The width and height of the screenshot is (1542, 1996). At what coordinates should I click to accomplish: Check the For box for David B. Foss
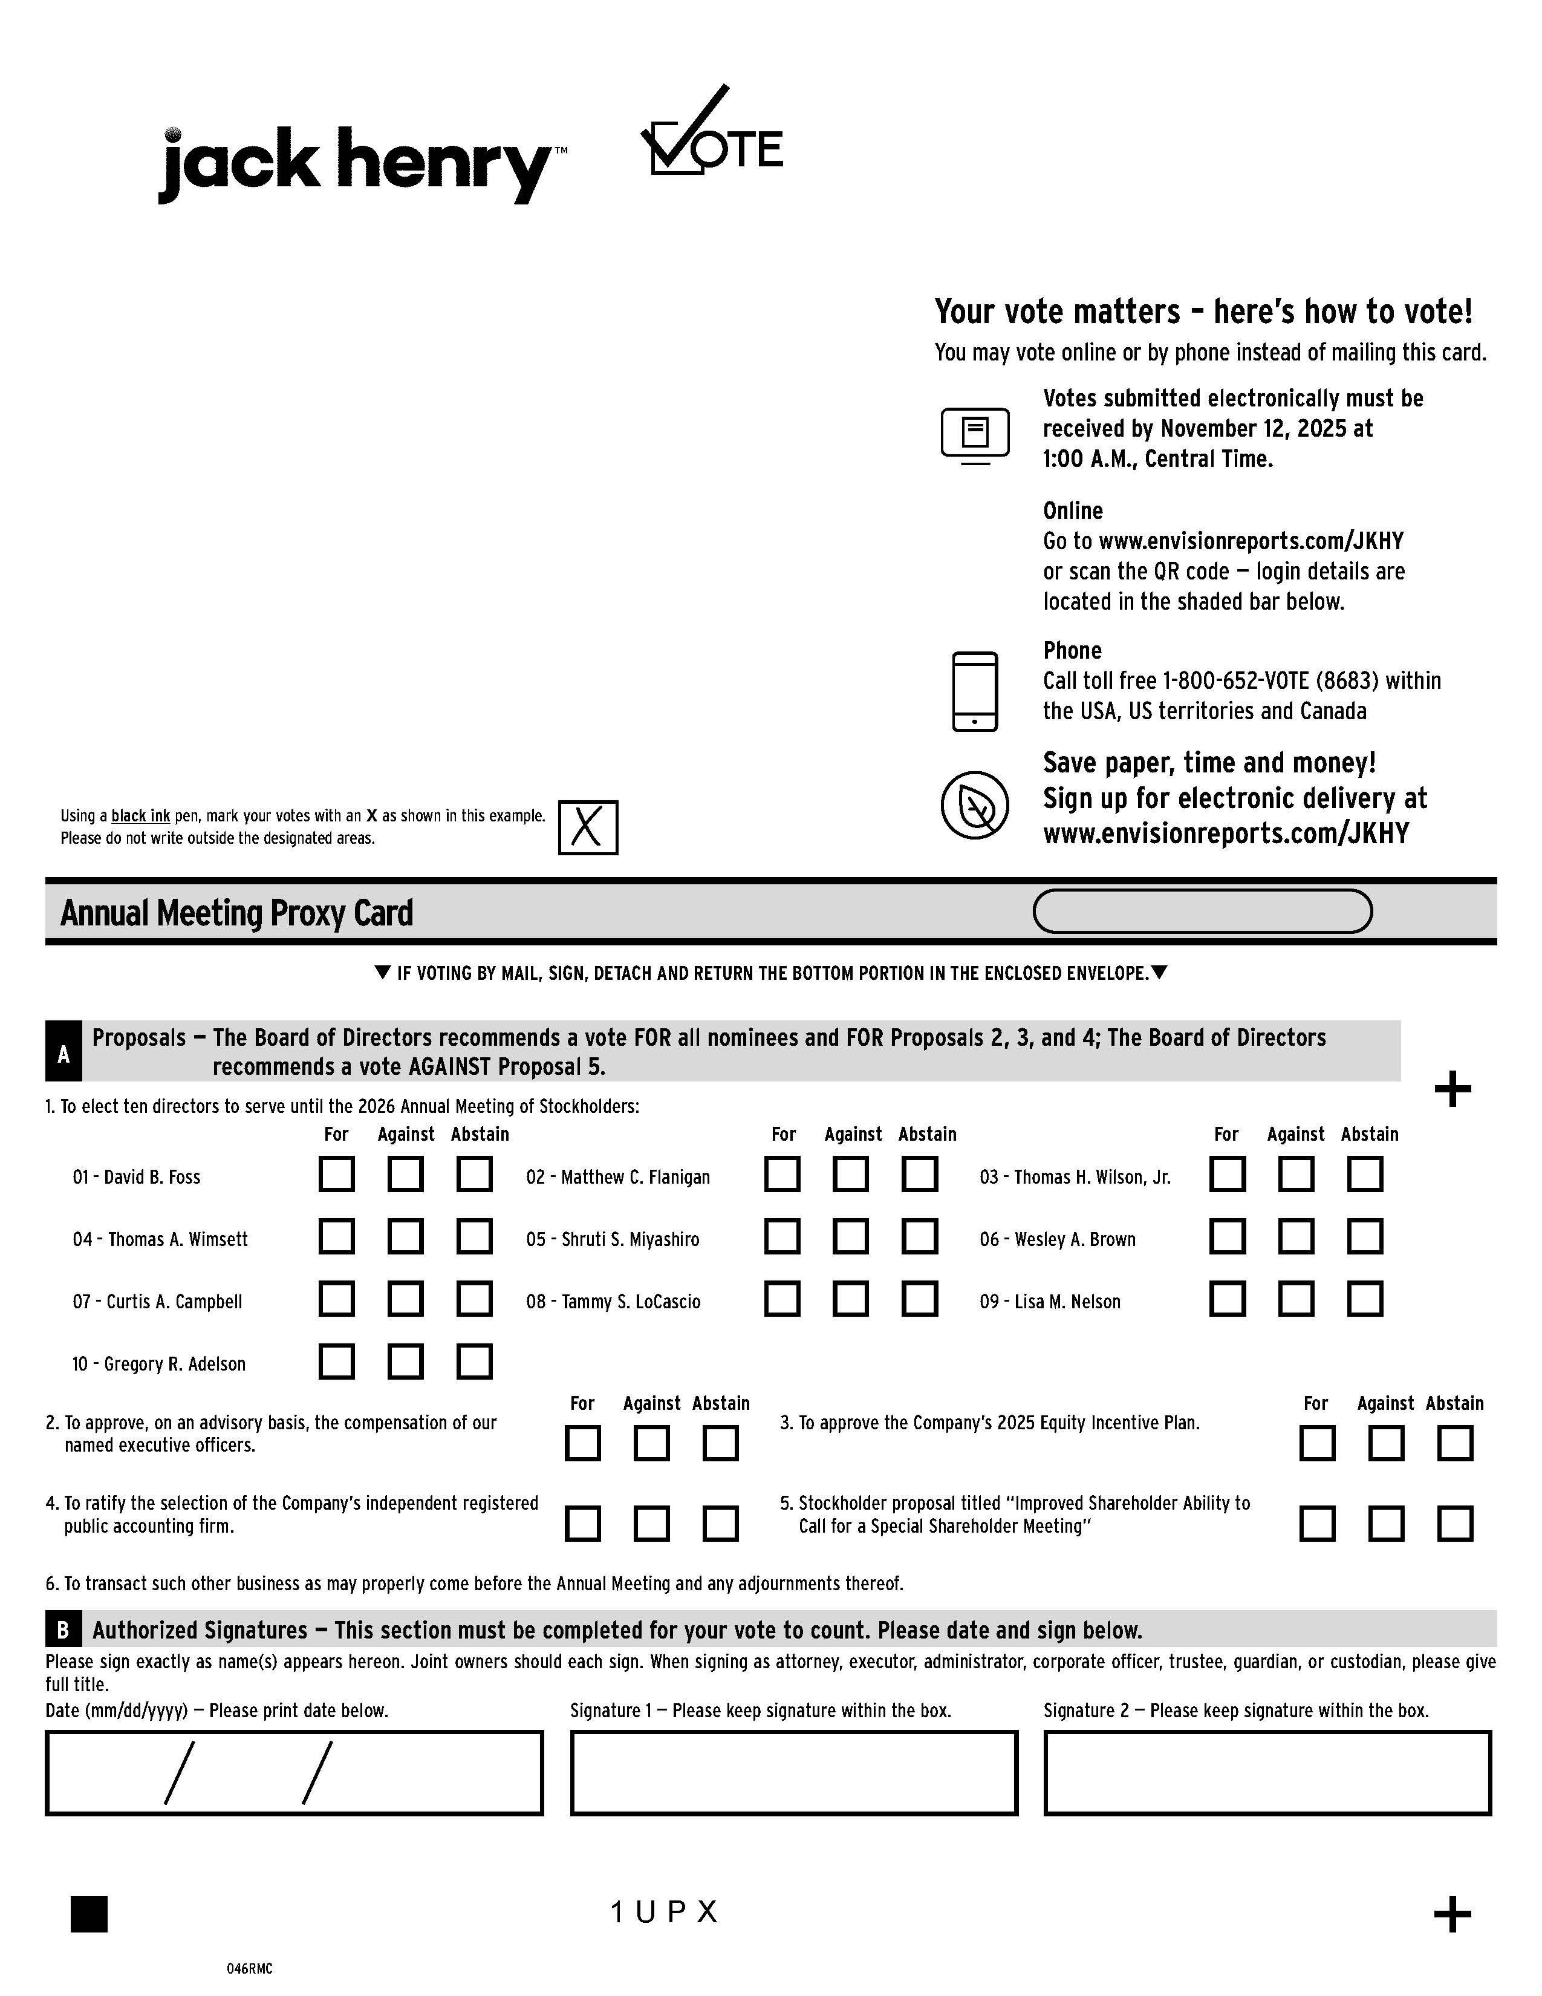(x=336, y=1175)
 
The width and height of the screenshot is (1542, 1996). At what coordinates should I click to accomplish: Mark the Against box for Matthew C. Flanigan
(x=850, y=1175)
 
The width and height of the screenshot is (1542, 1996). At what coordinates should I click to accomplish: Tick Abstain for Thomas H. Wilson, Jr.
(x=1365, y=1175)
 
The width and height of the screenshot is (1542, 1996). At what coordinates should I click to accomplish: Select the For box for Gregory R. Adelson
(x=336, y=1361)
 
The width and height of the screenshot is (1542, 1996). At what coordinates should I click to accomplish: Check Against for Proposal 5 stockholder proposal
(x=1386, y=1524)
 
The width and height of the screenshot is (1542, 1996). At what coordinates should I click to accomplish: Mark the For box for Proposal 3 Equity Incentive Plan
(x=1316, y=1443)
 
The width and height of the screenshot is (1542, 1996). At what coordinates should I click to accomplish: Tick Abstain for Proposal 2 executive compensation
(x=720, y=1443)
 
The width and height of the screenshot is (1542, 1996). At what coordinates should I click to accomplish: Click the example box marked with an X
(x=587, y=827)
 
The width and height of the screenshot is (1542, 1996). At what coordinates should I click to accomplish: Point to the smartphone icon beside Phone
(x=975, y=691)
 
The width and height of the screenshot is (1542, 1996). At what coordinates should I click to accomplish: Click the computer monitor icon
(x=975, y=435)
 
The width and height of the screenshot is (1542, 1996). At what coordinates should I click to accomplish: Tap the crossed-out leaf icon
(x=975, y=805)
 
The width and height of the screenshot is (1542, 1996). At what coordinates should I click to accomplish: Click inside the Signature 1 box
(x=794, y=1772)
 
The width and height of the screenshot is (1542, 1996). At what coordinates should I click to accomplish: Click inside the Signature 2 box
(x=1267, y=1772)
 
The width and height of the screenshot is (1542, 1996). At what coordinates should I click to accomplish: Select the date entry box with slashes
(x=294, y=1772)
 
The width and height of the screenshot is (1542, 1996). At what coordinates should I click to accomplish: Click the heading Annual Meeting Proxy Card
(x=236, y=913)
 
